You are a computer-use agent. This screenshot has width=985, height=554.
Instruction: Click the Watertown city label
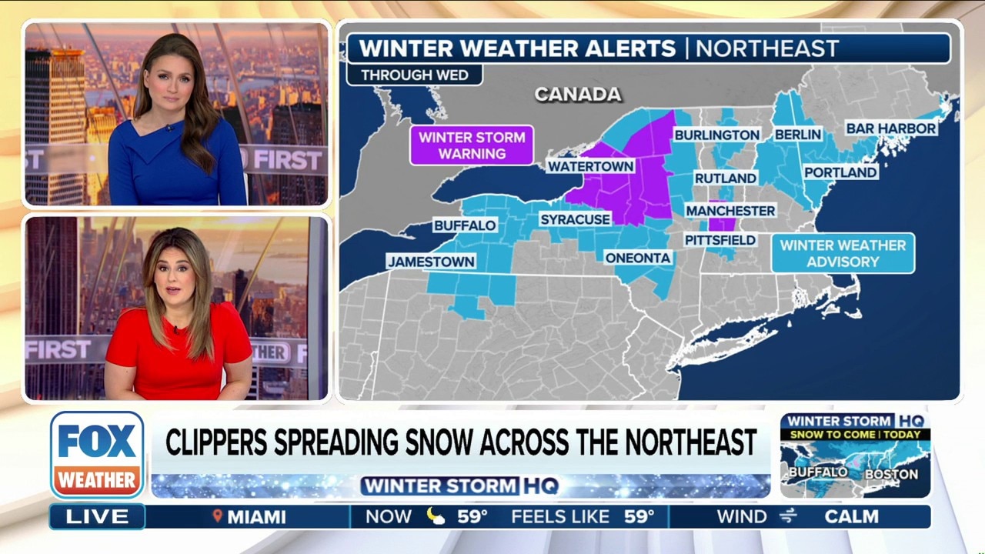coord(590,166)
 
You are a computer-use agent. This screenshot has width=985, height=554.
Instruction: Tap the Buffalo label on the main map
coord(464,225)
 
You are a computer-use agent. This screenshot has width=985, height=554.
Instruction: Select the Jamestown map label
coord(431,262)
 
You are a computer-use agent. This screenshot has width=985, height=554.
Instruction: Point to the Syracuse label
coord(575,219)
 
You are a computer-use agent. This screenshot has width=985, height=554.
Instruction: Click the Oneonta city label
coord(638,258)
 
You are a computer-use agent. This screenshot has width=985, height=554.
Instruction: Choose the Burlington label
coord(716,135)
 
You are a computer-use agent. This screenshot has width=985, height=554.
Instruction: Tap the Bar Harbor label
coord(891,128)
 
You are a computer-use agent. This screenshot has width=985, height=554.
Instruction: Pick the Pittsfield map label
coord(720,240)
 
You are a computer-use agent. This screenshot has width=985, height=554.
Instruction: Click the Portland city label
coord(840,172)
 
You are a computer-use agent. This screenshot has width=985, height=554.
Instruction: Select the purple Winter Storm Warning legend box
coord(472,145)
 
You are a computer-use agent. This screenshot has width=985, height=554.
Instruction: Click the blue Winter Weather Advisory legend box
coord(843,253)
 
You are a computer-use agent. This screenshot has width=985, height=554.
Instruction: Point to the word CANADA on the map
coord(578,94)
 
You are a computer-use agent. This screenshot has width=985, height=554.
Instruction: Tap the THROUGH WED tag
coord(414,75)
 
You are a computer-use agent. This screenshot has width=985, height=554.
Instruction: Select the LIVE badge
coord(97,517)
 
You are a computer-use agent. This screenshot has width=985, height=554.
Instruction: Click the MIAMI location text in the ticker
coord(256,517)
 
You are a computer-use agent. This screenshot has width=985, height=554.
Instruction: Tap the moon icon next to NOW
coord(436,517)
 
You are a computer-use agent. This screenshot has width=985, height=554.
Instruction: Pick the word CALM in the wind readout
coord(851,517)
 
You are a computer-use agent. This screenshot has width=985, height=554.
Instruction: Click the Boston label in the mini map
coord(891,475)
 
